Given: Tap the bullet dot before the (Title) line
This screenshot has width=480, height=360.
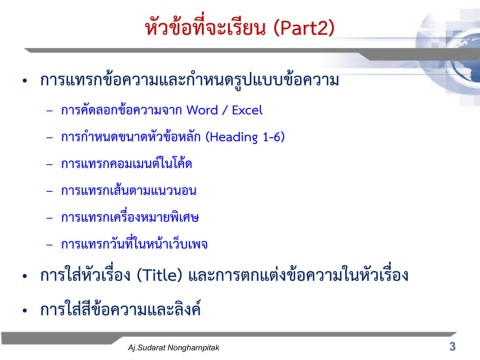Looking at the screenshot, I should tap(24, 275).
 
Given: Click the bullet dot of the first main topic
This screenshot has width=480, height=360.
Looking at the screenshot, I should tap(24, 79).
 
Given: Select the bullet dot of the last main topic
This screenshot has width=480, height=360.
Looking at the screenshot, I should tap(24, 309).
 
